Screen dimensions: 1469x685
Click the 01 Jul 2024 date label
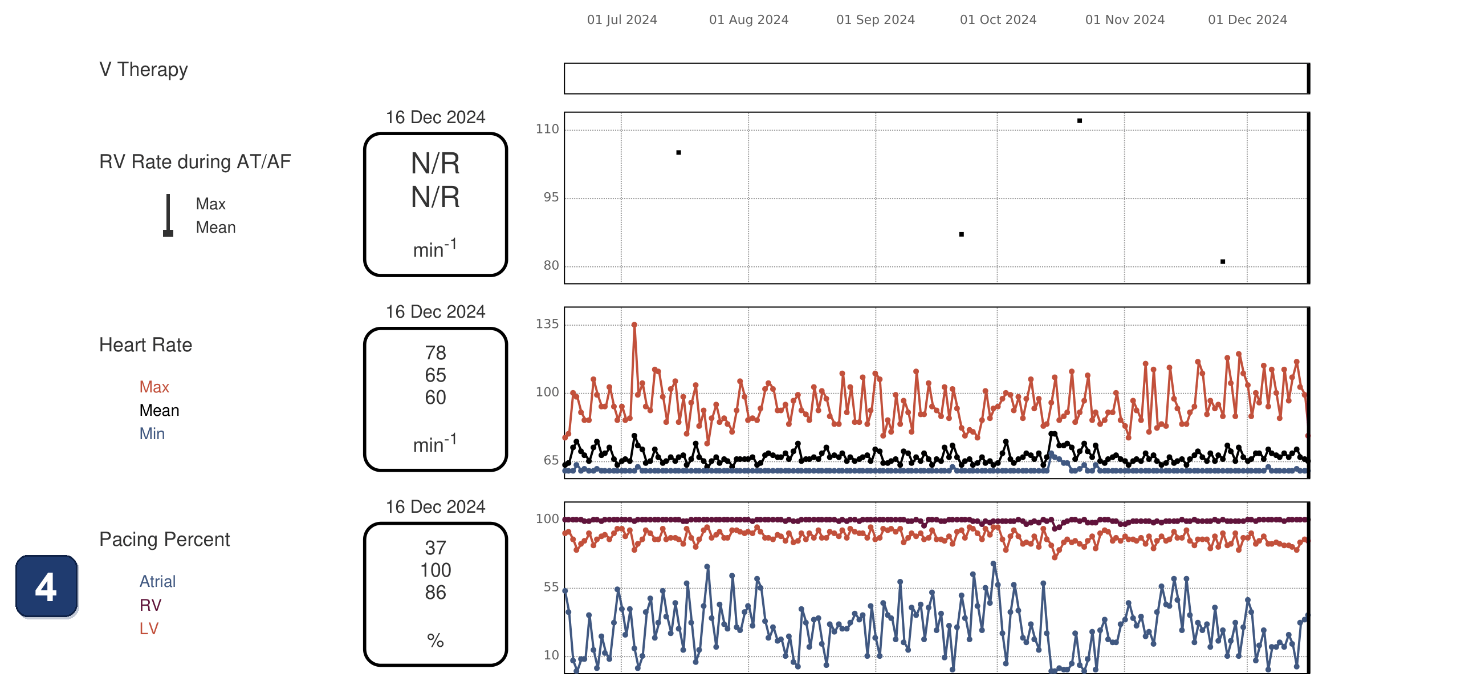tap(621, 19)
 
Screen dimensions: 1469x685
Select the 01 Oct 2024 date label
tap(998, 19)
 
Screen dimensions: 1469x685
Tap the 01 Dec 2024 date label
tap(1247, 19)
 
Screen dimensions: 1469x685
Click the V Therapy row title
tap(143, 70)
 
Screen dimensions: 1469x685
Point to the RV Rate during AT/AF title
tap(195, 162)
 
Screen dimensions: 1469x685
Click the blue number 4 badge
tap(46, 586)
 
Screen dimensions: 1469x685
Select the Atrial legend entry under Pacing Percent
tap(157, 582)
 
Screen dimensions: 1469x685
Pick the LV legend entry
tap(149, 629)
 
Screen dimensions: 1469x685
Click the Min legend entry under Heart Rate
tap(152, 434)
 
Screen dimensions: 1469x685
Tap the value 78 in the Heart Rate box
tap(436, 353)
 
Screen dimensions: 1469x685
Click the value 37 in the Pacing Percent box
tap(436, 548)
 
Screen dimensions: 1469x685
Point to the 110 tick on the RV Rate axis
tap(547, 129)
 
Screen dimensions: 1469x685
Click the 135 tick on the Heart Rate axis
tap(547, 325)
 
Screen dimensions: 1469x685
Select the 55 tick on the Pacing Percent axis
tap(551, 587)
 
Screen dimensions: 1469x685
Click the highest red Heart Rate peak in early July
tap(634, 325)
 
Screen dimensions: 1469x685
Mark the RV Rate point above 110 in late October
tap(1080, 121)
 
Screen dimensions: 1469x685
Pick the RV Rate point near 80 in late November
tap(1223, 262)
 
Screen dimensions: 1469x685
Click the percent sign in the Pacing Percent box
tap(436, 641)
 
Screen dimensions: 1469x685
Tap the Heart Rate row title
tap(145, 345)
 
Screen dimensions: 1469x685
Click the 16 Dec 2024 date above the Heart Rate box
tap(436, 312)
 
